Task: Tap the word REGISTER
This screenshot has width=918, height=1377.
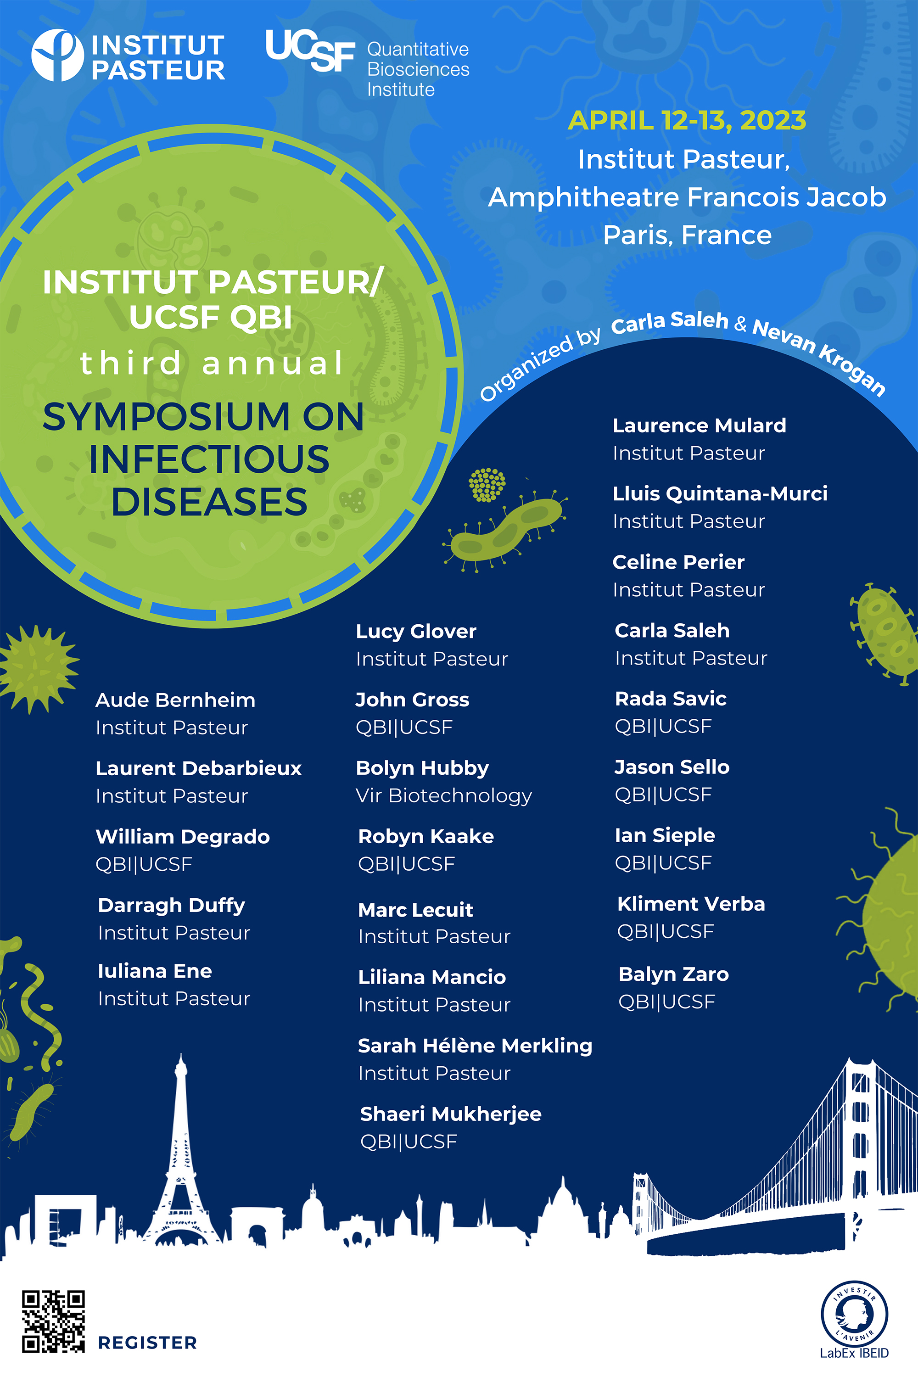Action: [x=147, y=1343]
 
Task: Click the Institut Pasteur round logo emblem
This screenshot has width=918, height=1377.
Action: [x=57, y=55]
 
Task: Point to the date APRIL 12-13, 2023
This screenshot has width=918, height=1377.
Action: [x=687, y=121]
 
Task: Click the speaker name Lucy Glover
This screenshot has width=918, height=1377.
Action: [x=416, y=631]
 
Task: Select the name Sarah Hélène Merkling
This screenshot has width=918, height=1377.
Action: [x=475, y=1046]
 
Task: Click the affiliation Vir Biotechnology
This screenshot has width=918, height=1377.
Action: [x=444, y=795]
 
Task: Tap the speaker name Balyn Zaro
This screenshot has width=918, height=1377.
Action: [x=674, y=974]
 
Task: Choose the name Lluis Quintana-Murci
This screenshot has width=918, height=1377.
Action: [x=720, y=493]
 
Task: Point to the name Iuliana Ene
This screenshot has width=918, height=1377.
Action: [x=155, y=971]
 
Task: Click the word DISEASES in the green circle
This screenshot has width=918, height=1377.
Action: [x=210, y=502]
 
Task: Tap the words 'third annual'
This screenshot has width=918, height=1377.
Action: [x=211, y=363]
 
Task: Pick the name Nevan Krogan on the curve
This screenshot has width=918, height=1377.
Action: [x=820, y=355]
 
